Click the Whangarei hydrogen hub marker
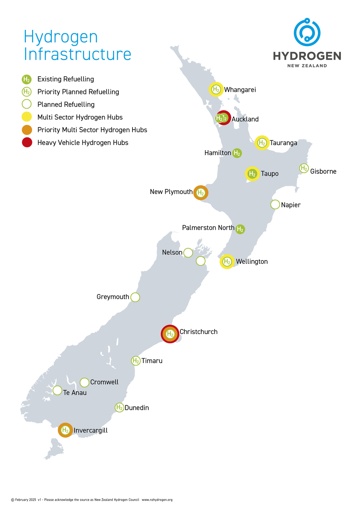pyautogui.click(x=216, y=89)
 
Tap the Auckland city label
pyautogui.click(x=245, y=119)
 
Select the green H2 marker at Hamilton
pyautogui.click(x=237, y=153)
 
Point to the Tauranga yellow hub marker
pyautogui.click(x=262, y=143)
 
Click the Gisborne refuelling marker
pyautogui.click(x=304, y=168)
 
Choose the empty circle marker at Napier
pyautogui.click(x=275, y=204)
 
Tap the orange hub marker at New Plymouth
pyautogui.click(x=201, y=193)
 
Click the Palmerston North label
pyautogui.click(x=208, y=228)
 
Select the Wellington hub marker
pyautogui.click(x=227, y=262)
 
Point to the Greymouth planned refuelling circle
pyautogui.click(x=135, y=297)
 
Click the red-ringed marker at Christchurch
pyautogui.click(x=170, y=334)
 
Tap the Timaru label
pyautogui.click(x=152, y=361)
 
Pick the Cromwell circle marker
pyautogui.click(x=84, y=382)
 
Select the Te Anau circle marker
pyautogui.click(x=57, y=390)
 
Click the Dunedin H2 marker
pyautogui.click(x=119, y=407)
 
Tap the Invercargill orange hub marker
pyautogui.click(x=65, y=430)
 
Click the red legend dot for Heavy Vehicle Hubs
pyautogui.click(x=27, y=143)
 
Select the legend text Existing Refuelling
pyautogui.click(x=66, y=79)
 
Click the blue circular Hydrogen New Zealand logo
pyautogui.click(x=307, y=32)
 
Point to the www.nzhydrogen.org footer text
pyautogui.click(x=157, y=500)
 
